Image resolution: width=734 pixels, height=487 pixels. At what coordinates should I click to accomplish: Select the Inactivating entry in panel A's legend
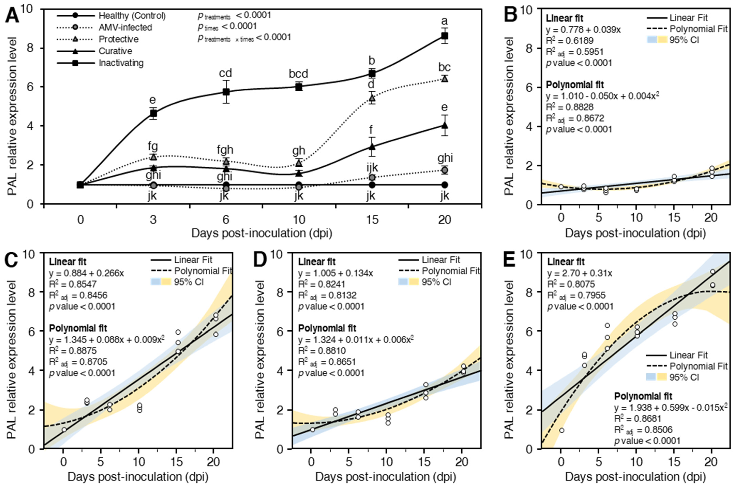tap(121, 63)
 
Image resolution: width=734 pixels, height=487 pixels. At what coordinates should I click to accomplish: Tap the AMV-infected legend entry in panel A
tap(125, 28)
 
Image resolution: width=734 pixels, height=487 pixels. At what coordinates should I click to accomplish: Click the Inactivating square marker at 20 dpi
tap(445, 36)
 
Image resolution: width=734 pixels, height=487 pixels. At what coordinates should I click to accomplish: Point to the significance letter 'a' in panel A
tap(445, 21)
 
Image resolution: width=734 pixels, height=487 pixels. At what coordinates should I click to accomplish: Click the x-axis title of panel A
tap(262, 233)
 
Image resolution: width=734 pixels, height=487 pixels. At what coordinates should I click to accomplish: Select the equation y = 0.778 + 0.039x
tap(583, 30)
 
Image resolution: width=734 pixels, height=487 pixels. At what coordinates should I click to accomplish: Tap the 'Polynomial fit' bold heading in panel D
tap(327, 328)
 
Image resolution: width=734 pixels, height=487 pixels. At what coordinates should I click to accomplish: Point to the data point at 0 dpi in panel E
tap(561, 430)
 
